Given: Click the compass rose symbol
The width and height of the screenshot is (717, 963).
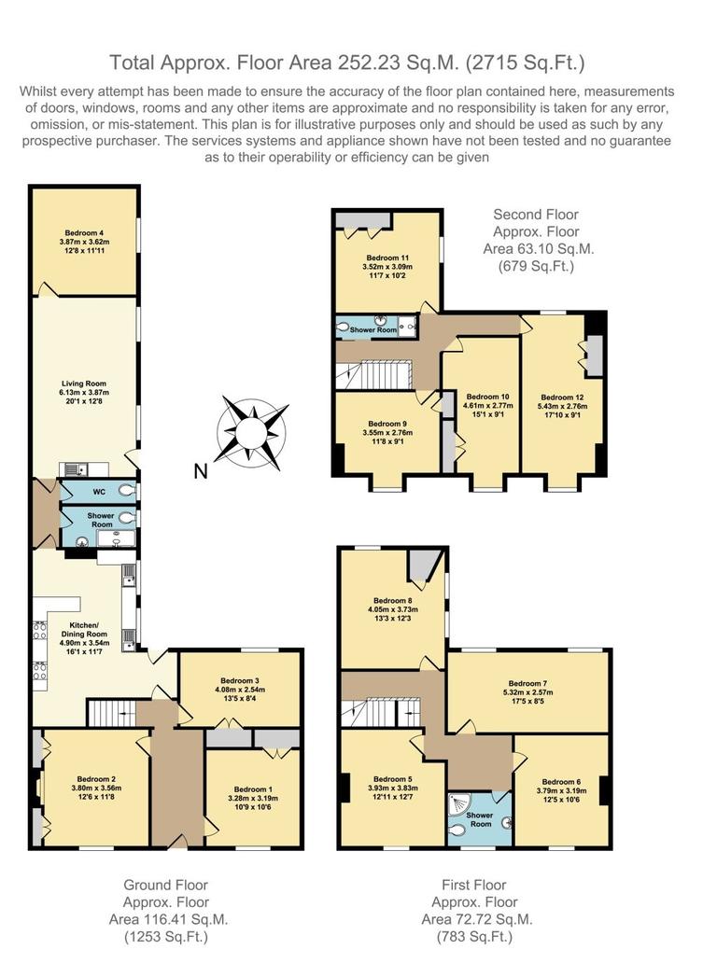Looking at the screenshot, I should [x=251, y=431].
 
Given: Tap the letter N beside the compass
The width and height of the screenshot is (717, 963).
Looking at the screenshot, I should [x=200, y=471].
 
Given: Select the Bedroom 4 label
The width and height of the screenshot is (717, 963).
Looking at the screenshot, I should [x=85, y=232].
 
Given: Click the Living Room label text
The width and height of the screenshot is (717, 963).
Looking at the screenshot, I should [x=85, y=382].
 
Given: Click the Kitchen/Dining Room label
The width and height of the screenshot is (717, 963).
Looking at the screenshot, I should [x=85, y=628].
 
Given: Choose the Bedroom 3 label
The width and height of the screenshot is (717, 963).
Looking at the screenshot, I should [x=240, y=680].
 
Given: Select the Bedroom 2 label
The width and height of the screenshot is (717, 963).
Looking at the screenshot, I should [x=95, y=778].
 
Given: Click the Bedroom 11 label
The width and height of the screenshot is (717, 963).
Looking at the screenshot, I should [x=387, y=257].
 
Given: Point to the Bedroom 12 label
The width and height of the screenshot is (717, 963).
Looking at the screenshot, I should [x=560, y=396].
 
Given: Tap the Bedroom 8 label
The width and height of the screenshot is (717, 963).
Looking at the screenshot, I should [x=392, y=600].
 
